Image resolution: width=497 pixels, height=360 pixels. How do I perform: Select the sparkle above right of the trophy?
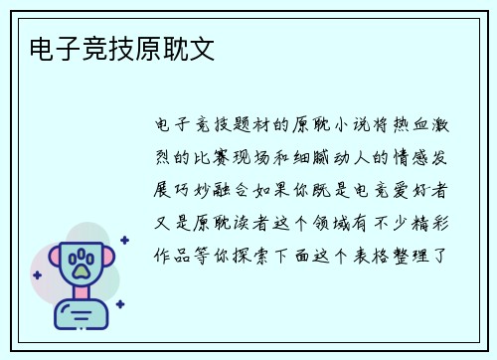(124, 240)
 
